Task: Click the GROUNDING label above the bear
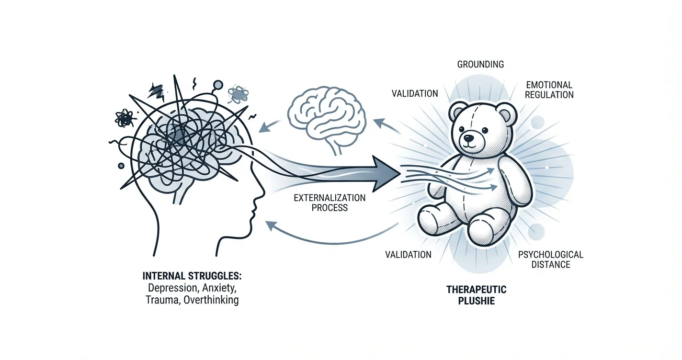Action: tap(480, 64)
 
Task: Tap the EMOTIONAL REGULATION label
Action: tap(549, 90)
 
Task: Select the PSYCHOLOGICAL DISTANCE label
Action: tap(550, 259)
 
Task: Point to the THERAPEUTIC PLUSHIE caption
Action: tap(476, 295)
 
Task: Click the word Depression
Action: tap(170, 289)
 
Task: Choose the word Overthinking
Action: tap(209, 301)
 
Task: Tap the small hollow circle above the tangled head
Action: tap(218, 85)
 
